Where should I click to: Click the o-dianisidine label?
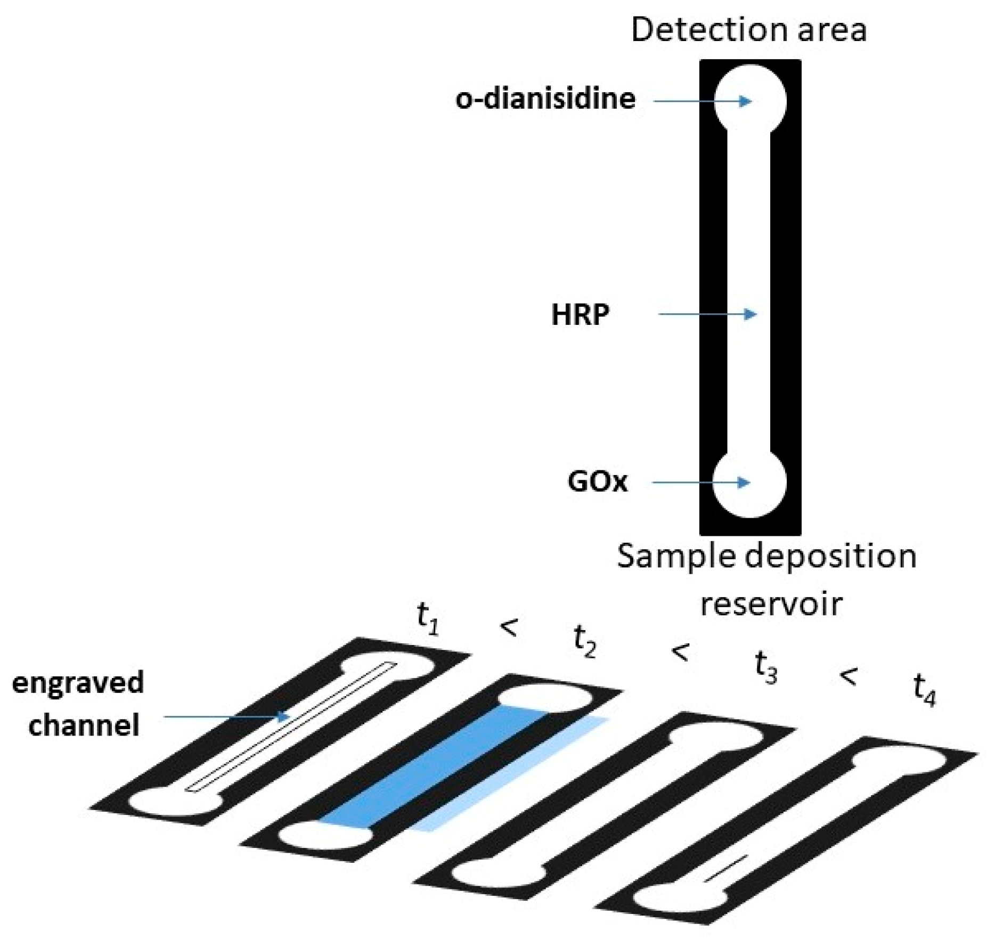click(545, 99)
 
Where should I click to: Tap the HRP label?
click(580, 314)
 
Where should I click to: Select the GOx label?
click(598, 482)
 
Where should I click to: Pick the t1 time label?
click(428, 619)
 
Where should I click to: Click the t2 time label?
click(584, 641)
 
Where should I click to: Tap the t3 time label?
click(765, 667)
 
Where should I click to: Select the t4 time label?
click(924, 690)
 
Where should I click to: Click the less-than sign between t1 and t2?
click(509, 627)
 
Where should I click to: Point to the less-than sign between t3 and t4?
click(848, 676)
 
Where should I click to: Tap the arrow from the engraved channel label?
click(226, 716)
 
